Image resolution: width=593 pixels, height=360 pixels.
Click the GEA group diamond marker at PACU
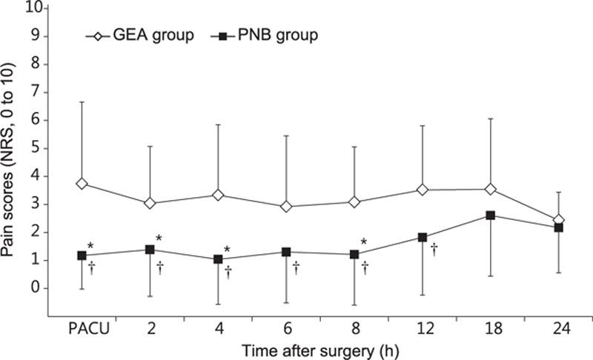click(x=82, y=184)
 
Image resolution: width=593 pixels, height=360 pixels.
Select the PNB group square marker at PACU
click(x=82, y=256)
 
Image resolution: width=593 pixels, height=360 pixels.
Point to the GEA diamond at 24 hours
click(x=558, y=220)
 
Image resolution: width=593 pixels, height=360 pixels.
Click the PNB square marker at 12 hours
click(x=423, y=238)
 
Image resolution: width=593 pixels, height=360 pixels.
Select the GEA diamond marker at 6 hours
click(x=286, y=207)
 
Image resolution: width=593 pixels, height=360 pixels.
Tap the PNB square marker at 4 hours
click(x=218, y=259)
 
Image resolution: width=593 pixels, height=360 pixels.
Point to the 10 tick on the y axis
click(x=37, y=8)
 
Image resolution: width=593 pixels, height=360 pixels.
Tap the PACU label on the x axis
click(x=82, y=330)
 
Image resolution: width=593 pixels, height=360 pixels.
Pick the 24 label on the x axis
click(x=558, y=330)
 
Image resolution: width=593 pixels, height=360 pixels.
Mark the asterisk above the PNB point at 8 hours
click(x=363, y=242)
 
